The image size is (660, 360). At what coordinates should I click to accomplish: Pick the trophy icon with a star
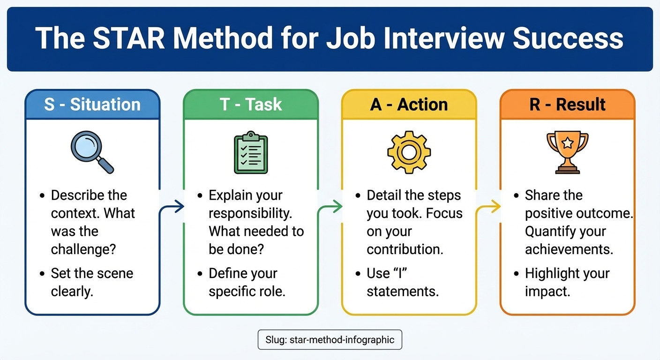click(567, 151)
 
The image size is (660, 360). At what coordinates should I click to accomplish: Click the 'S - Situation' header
click(92, 104)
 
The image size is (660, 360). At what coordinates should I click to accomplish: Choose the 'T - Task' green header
click(251, 104)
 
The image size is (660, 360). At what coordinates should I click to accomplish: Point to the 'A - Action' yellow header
click(409, 104)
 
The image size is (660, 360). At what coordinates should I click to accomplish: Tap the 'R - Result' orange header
click(567, 104)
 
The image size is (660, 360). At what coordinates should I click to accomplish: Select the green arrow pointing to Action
click(330, 207)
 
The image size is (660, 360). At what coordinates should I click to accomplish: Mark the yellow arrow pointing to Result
click(488, 207)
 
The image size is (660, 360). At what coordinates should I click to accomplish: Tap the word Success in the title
click(568, 38)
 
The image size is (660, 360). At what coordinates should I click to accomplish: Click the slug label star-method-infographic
click(330, 340)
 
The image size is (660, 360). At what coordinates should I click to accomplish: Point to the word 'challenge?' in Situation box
click(83, 249)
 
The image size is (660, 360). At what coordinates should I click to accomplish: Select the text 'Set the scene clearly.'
click(92, 282)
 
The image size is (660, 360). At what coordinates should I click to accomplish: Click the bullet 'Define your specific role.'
click(247, 282)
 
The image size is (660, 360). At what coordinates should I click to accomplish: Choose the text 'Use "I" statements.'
click(402, 282)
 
